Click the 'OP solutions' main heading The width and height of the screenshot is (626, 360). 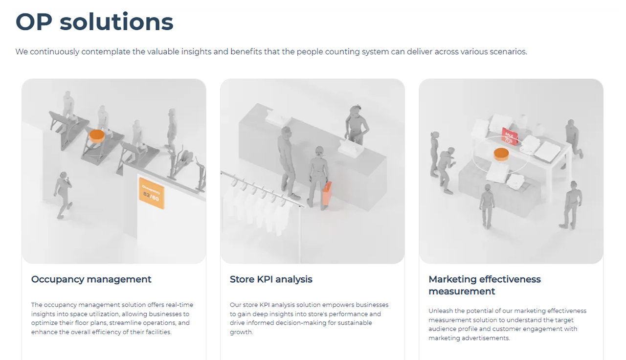point(94,22)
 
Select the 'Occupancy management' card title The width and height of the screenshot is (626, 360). point(91,279)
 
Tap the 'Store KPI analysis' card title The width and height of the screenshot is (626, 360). point(271,279)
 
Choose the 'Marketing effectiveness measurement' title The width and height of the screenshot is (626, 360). point(484,285)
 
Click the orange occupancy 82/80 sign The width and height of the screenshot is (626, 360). point(151,193)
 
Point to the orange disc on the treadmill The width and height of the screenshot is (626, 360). point(96,135)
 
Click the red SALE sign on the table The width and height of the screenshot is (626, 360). point(509,136)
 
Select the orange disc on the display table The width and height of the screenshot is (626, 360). point(501,154)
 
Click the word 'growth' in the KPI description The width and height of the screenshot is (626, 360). point(241,332)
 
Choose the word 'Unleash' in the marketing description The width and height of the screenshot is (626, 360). point(440,311)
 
